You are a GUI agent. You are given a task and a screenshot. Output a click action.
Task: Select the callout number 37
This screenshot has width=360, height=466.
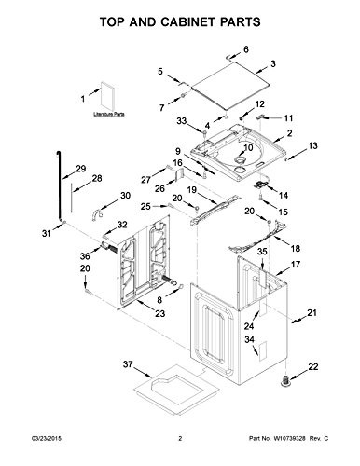point(130,364)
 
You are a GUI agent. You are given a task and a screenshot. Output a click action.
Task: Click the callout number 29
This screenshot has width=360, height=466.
point(80,168)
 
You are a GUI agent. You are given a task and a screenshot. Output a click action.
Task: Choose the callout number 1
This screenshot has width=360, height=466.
point(82,97)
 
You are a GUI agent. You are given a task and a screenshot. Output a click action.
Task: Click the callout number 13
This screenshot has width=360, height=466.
point(313,146)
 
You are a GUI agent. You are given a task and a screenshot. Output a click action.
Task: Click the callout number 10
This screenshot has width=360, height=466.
point(247,147)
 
